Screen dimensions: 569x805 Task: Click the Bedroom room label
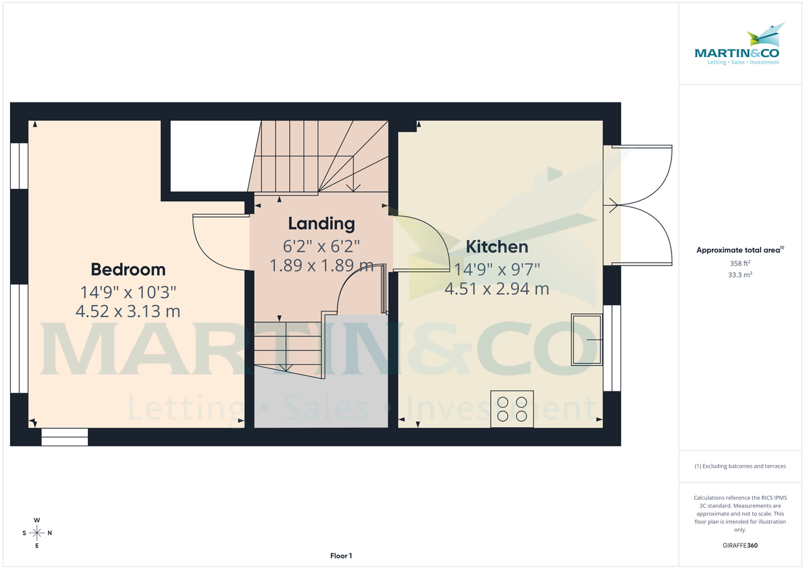click(128, 269)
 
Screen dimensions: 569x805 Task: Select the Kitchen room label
click(497, 247)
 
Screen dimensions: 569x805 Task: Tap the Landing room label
click(321, 223)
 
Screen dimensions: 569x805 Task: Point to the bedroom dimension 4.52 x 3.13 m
click(128, 311)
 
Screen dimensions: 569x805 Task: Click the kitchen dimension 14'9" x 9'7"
click(497, 269)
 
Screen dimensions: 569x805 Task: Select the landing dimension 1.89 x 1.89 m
click(321, 265)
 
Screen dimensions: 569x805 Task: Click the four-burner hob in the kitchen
click(513, 409)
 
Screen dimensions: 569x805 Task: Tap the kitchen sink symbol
click(586, 340)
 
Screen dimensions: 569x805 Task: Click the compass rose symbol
click(37, 533)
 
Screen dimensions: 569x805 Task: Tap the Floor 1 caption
click(341, 556)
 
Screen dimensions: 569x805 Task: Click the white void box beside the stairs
click(210, 155)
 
